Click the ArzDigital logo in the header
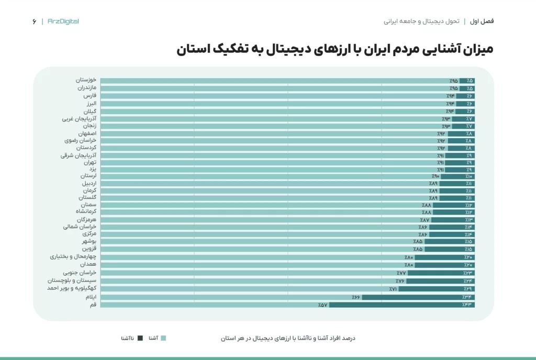(63, 21)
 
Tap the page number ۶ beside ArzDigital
(34, 21)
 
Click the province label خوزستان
(85, 80)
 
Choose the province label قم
(93, 305)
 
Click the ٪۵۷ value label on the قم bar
(322, 305)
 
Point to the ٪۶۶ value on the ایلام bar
(356, 297)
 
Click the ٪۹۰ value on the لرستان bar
(436, 176)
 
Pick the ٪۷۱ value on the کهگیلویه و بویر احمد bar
(393, 289)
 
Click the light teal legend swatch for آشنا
(163, 338)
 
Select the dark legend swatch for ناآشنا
(140, 338)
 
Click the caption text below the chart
(288, 338)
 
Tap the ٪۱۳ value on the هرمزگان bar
(468, 220)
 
